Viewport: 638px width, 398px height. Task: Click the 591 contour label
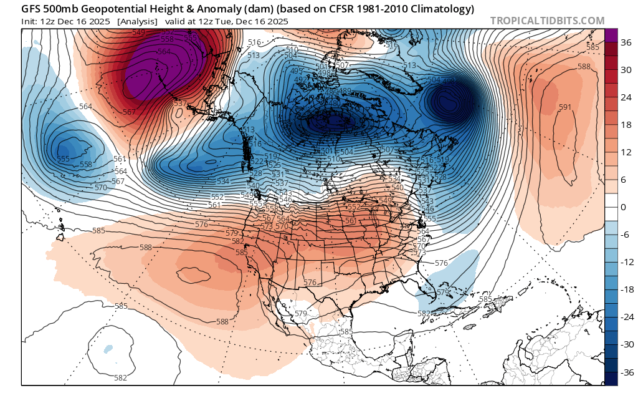coord(564,107)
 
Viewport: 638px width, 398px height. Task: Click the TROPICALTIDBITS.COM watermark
coord(547,21)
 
